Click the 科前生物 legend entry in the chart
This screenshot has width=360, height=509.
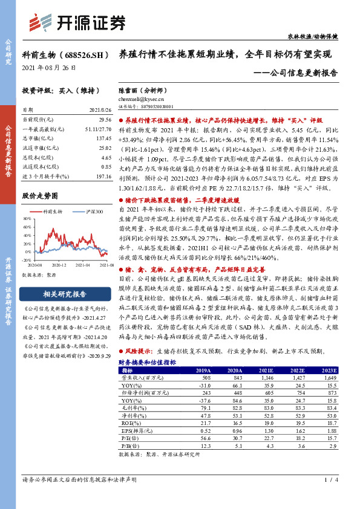tap(53, 212)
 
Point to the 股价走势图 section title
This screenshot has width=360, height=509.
tap(39, 196)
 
